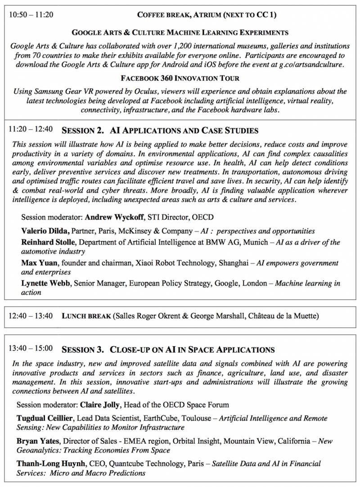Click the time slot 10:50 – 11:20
[31, 14]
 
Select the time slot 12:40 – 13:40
[31, 316]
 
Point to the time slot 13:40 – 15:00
[31, 349]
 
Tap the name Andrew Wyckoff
[114, 217]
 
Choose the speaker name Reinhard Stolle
[49, 242]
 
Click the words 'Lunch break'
[86, 316]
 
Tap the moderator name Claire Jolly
[101, 405]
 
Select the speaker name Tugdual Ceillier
[47, 418]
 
